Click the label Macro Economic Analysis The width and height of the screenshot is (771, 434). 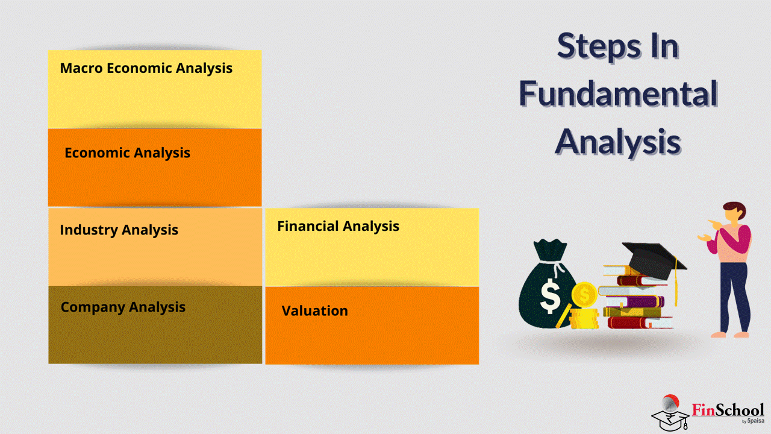tap(146, 68)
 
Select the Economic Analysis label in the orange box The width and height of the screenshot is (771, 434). tap(127, 153)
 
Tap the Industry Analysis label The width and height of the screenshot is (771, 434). tap(119, 230)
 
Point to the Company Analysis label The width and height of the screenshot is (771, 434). tap(123, 307)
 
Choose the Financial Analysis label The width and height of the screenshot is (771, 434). tap(339, 226)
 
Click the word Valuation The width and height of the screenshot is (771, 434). tap(314, 310)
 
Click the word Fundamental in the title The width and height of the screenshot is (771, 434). tap(618, 93)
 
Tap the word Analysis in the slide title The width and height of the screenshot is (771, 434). tap(618, 142)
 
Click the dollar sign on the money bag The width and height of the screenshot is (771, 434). tap(551, 296)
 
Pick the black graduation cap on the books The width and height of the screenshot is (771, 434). tap(654, 260)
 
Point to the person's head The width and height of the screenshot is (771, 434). tap(735, 212)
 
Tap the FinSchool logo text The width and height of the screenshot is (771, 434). tap(728, 410)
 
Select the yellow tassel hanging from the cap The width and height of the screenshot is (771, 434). tap(676, 281)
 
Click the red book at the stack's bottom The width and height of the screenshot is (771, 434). tap(640, 322)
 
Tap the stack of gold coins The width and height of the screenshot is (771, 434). tap(584, 319)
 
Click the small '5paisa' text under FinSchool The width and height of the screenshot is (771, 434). tap(756, 421)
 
